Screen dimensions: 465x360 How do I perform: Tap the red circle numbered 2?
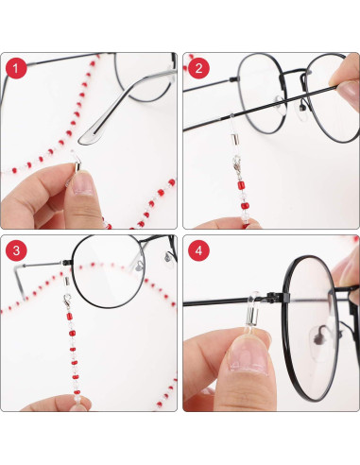click(x=199, y=68)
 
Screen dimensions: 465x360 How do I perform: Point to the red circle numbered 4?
click(x=199, y=252)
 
